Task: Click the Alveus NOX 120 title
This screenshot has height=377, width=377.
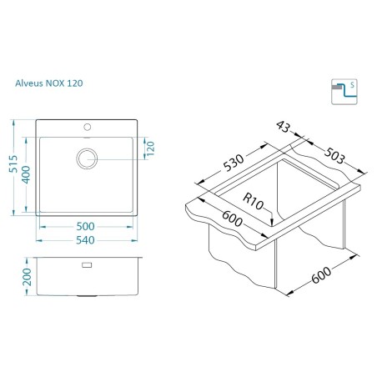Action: point(49,83)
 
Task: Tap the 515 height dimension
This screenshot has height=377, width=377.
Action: point(13,164)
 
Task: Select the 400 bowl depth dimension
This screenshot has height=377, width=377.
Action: point(26,174)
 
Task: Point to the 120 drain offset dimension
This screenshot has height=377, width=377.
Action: point(150,148)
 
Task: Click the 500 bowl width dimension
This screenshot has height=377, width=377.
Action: point(85,226)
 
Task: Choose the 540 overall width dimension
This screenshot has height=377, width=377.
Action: point(85,240)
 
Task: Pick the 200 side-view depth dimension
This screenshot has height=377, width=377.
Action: point(27,277)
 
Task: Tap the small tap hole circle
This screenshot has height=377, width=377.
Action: point(88,127)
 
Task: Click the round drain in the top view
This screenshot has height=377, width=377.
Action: point(87,158)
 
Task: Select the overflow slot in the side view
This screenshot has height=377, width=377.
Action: point(87,265)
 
